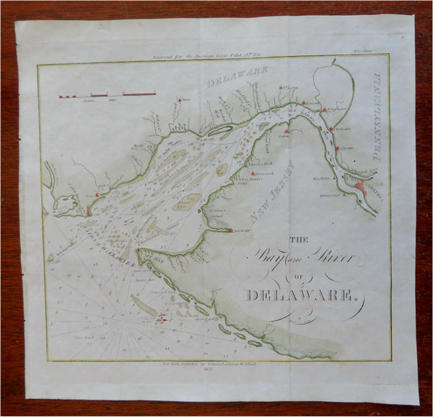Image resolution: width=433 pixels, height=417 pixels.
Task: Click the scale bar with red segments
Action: (x=109, y=95)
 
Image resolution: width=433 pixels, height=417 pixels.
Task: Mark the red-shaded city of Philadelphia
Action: (x=361, y=187)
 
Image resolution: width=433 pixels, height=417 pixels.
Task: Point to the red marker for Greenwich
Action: (x=253, y=174)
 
